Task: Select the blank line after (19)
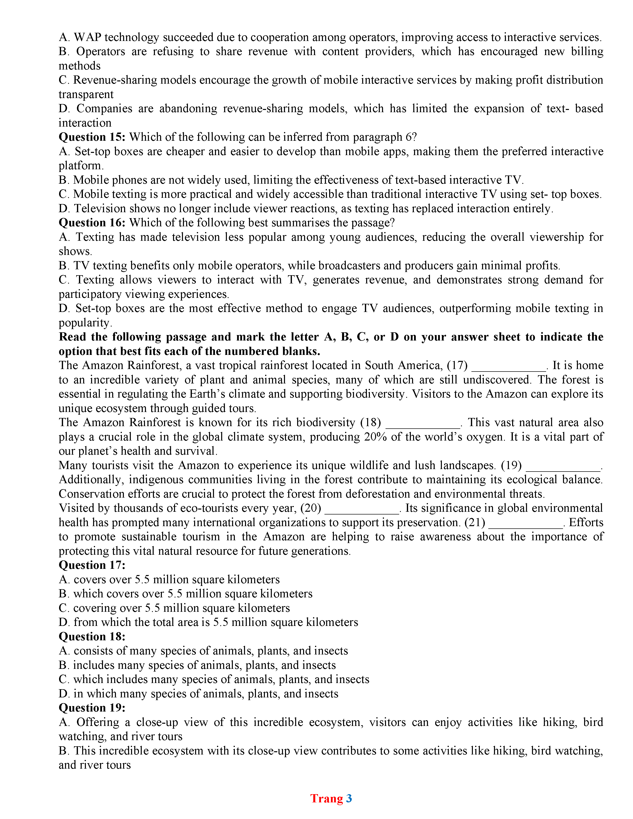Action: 563,469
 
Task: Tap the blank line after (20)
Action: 362,512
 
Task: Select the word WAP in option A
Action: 87,37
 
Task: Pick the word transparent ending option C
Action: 86,95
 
